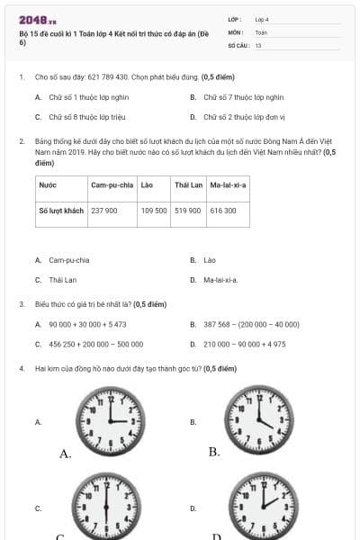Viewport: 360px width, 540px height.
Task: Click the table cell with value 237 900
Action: (104, 210)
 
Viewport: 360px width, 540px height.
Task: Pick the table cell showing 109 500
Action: (154, 210)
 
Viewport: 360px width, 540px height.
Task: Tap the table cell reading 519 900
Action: (187, 210)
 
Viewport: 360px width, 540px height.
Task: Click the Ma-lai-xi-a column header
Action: (228, 184)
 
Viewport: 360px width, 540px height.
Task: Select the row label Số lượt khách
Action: (61, 210)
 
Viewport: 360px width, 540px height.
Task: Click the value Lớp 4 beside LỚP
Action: (262, 18)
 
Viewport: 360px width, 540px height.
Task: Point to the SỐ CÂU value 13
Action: (258, 44)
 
